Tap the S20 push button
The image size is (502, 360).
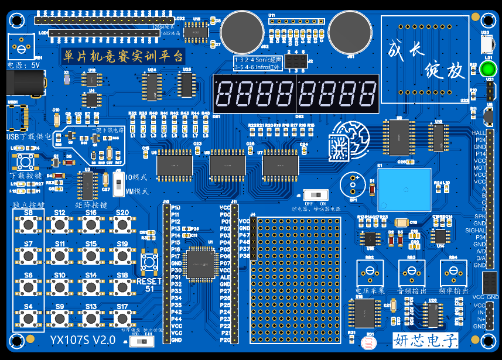point(122,224)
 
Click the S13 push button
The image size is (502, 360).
point(91,318)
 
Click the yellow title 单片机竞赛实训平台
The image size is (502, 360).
point(123,57)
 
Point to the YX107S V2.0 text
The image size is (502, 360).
point(82,340)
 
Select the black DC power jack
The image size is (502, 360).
point(23,84)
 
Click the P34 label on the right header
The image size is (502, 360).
point(480,237)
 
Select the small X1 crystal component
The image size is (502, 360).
point(67,78)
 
